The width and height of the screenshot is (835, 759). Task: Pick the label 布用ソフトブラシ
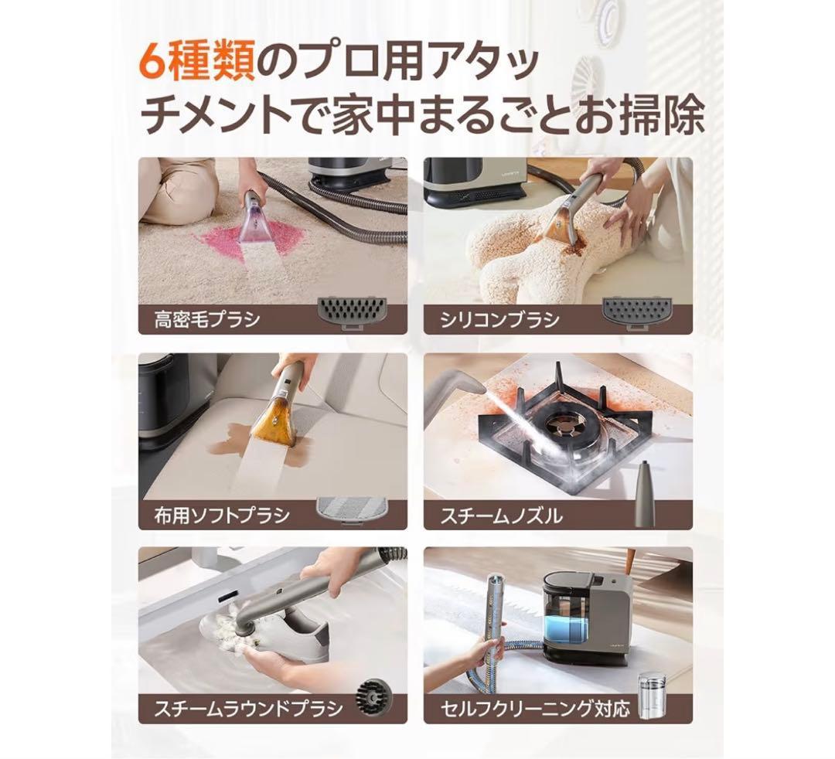click(221, 515)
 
